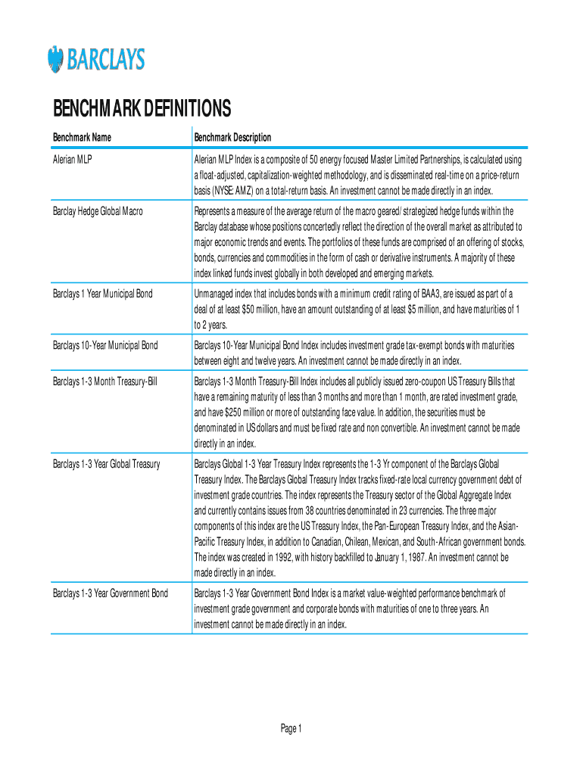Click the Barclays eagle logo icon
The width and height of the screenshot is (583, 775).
click(55, 59)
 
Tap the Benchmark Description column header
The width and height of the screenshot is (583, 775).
click(232, 137)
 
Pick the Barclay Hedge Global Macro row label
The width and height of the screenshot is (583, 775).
click(97, 211)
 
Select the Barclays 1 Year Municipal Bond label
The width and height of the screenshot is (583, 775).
click(102, 293)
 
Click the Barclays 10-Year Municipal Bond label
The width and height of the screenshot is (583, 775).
click(105, 345)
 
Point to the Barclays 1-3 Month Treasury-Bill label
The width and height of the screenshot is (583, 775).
click(105, 380)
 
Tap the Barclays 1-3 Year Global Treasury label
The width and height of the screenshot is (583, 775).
click(107, 463)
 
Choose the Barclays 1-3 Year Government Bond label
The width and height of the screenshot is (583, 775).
click(111, 593)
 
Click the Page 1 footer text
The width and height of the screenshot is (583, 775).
click(291, 729)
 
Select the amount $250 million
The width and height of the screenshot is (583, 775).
click(233, 412)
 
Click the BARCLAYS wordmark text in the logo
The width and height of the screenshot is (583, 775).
click(107, 59)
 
